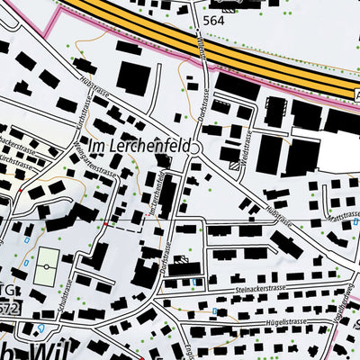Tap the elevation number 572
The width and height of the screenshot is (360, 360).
pos(9,310)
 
